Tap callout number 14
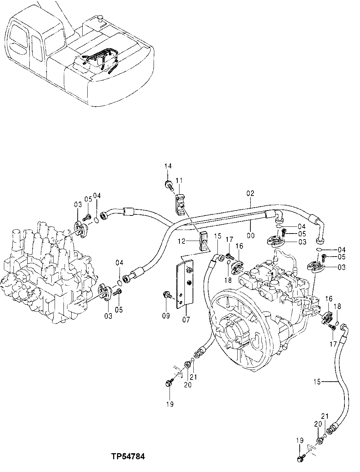click(168, 166)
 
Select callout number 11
click(179, 181)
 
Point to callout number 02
click(250, 193)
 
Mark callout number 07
click(186, 320)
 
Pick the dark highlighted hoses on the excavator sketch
click(101, 60)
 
